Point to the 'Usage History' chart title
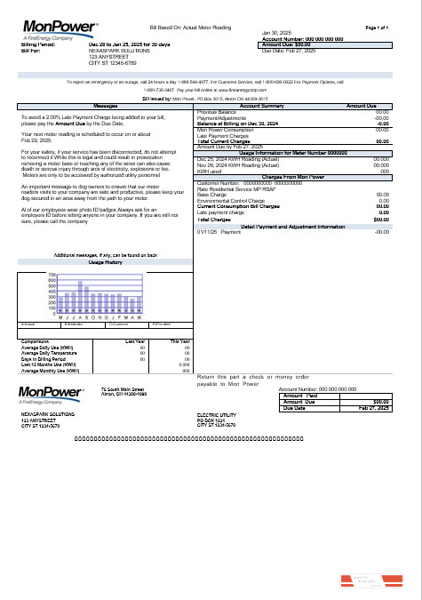point(106,263)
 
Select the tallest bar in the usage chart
point(80,298)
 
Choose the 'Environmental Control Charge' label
point(231,199)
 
